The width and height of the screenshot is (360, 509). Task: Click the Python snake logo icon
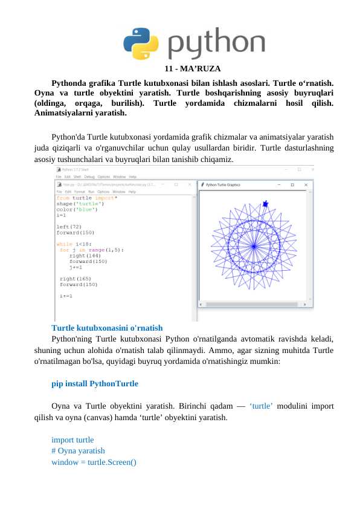click(141, 43)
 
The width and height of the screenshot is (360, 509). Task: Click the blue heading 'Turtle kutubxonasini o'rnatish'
click(107, 328)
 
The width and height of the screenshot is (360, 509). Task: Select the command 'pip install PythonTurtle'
click(95, 383)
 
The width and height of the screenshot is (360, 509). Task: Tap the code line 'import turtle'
click(72, 439)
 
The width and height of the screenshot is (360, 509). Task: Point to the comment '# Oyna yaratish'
click(78, 450)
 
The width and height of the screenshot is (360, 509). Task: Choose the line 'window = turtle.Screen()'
click(94, 462)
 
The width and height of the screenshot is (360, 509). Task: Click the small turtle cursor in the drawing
click(266, 204)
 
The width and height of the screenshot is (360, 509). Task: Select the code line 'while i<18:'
click(71, 244)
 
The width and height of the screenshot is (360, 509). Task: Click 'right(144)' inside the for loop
click(80, 255)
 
